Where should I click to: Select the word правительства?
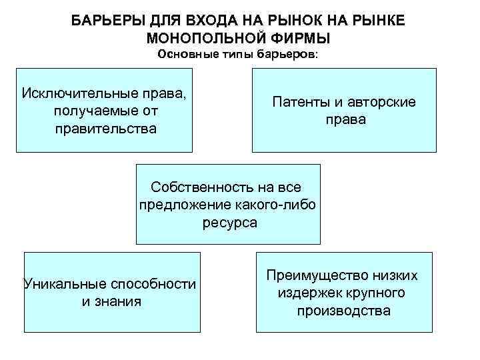[x=107, y=128]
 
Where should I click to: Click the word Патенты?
[x=300, y=102]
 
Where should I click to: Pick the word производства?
[x=344, y=311]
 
